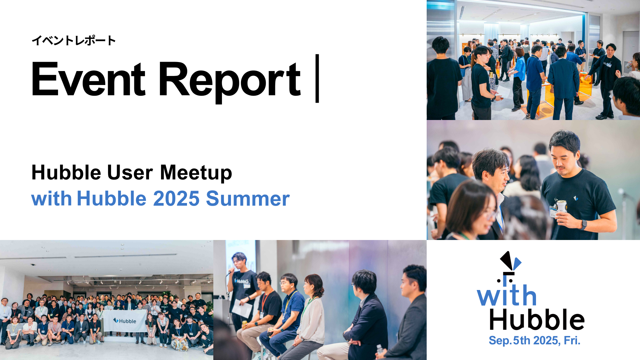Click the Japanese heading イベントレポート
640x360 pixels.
click(x=73, y=40)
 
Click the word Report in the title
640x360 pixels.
click(x=229, y=82)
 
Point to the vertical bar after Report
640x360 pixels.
click(x=317, y=78)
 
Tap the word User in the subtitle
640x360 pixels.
click(x=130, y=172)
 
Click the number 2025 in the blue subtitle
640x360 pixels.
click(x=176, y=199)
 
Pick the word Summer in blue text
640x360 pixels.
click(x=248, y=199)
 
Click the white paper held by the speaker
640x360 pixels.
click(x=242, y=308)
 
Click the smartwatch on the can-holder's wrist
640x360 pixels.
click(x=583, y=225)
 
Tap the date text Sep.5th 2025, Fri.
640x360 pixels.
click(x=535, y=340)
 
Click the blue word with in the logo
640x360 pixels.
click(x=507, y=295)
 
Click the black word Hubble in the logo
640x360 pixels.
click(x=537, y=319)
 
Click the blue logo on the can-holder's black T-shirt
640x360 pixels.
click(x=576, y=198)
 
